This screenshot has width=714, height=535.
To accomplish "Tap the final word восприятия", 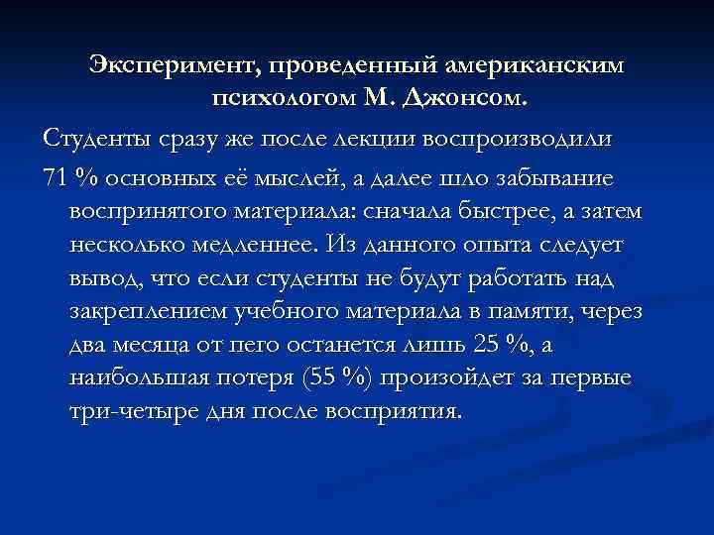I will [395, 411].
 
